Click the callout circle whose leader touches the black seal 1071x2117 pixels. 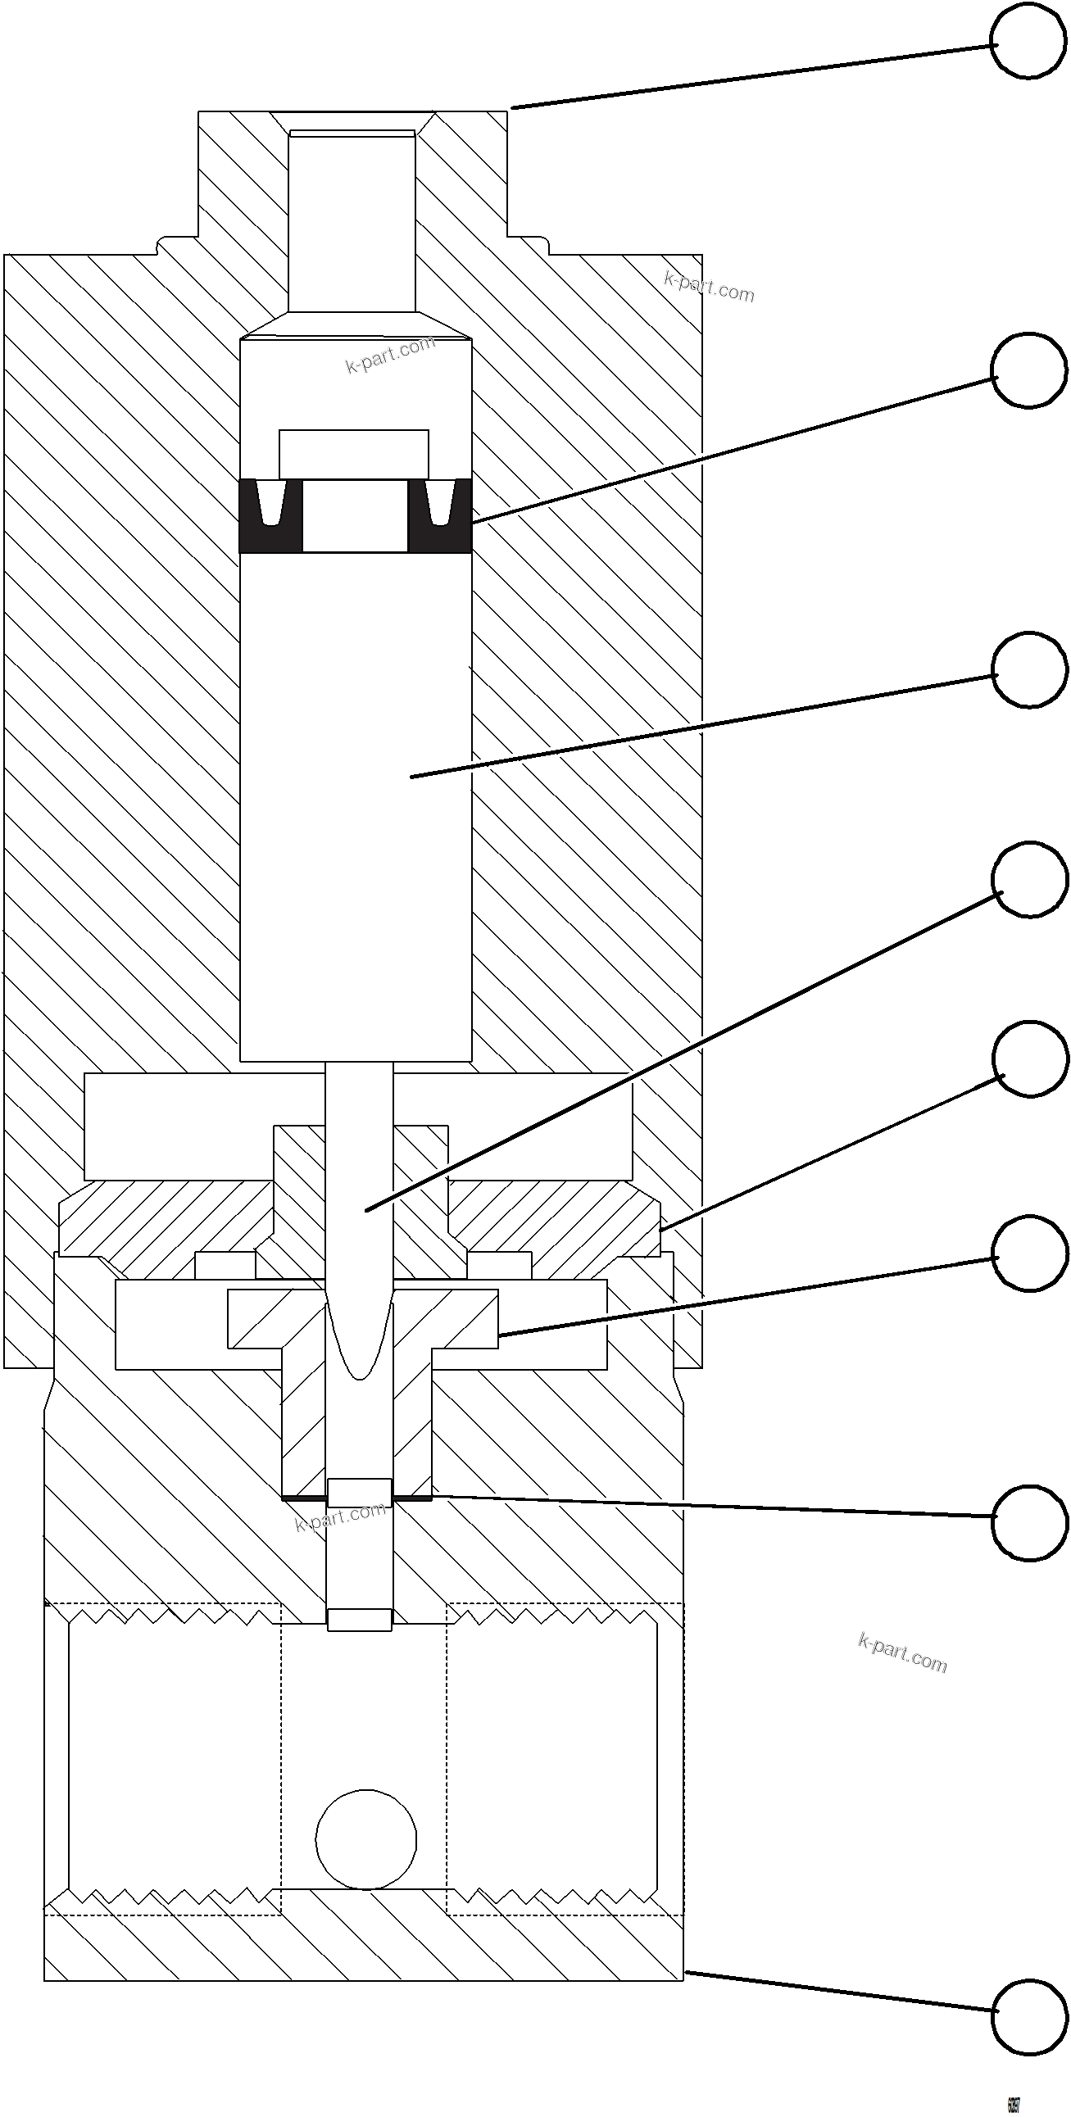coord(1028,369)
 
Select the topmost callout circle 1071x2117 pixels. coord(1028,41)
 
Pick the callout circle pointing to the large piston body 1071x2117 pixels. coord(1029,669)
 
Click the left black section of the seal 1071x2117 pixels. coord(270,516)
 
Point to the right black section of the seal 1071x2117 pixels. coord(440,516)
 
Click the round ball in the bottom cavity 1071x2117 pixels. coord(365,1838)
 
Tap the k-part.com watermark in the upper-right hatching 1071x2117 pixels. coord(709,287)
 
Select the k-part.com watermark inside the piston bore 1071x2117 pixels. coord(389,354)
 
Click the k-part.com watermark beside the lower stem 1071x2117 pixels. coord(339,1516)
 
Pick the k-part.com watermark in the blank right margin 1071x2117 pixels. coord(902,1652)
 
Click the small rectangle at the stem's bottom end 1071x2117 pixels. coord(359,1619)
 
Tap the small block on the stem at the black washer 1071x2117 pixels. coord(359,1493)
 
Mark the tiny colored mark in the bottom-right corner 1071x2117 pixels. coord(1013,2105)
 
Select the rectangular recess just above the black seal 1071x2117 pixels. coord(353,454)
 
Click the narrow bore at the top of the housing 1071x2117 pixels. coord(352,222)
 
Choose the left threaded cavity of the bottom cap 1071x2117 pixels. coord(175,1751)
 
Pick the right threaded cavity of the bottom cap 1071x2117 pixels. coord(552,1751)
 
